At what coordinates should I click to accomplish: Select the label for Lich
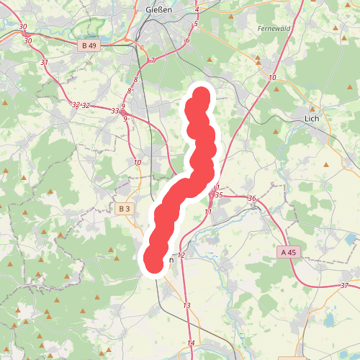(312, 119)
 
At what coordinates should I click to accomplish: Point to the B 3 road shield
(124, 209)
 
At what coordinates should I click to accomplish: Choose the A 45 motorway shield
(288, 252)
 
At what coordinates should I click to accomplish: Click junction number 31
(45, 63)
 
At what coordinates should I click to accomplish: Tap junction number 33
(114, 111)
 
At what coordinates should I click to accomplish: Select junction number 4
(197, 9)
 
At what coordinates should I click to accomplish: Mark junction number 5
(195, 24)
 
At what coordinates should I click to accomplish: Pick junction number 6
(187, 40)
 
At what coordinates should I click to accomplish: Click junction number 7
(153, 60)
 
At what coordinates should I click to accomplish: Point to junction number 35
(220, 195)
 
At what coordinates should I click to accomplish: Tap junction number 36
(251, 199)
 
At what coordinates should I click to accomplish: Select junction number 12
(181, 256)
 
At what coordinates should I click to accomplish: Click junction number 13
(186, 306)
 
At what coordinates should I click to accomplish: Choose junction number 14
(191, 342)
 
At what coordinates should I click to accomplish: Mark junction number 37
(344, 287)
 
